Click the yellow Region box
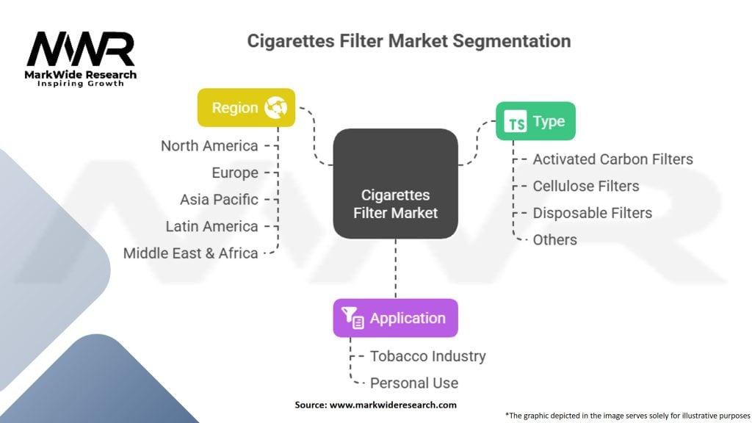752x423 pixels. click(246, 107)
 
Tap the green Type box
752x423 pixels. click(535, 121)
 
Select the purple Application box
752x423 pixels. click(395, 318)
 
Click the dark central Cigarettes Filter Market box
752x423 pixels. click(395, 184)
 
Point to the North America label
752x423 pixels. click(209, 146)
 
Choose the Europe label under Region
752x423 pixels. click(235, 173)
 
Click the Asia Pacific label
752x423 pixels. click(219, 200)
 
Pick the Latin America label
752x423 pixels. click(212, 226)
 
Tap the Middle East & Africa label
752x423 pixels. click(191, 253)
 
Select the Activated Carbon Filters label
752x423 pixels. click(613, 159)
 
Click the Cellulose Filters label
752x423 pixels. click(586, 186)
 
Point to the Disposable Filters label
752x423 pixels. click(593, 213)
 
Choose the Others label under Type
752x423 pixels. click(555, 240)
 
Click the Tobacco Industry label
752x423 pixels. click(428, 356)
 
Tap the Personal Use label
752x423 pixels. click(414, 383)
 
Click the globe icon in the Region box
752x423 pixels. click(276, 107)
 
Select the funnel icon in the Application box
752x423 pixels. click(352, 317)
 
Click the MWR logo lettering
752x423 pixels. click(81, 49)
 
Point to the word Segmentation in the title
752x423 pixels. click(512, 41)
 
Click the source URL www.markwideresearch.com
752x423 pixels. click(393, 405)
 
